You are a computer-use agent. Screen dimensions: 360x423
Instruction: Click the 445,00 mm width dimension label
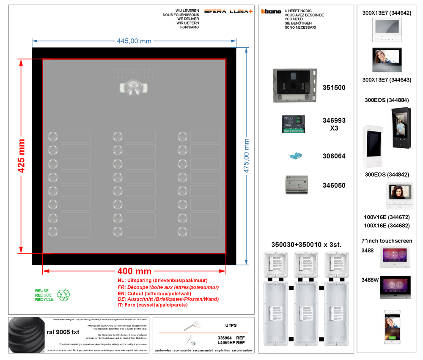[x=134, y=41]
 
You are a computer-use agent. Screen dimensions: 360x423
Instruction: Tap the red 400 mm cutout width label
[x=134, y=270]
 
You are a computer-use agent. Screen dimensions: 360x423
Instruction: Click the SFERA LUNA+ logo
[x=228, y=11]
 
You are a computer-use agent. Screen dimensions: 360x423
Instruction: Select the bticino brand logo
[x=271, y=11]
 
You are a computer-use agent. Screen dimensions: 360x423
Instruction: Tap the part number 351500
[x=334, y=88]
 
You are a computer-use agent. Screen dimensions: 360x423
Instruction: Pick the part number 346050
[x=334, y=185]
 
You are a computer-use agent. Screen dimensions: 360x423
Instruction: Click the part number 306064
[x=334, y=156]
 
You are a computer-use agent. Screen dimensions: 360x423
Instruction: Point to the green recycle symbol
[x=63, y=295]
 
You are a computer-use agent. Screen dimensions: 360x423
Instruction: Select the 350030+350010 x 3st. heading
[x=306, y=245]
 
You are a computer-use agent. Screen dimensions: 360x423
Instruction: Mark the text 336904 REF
[x=231, y=338]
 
